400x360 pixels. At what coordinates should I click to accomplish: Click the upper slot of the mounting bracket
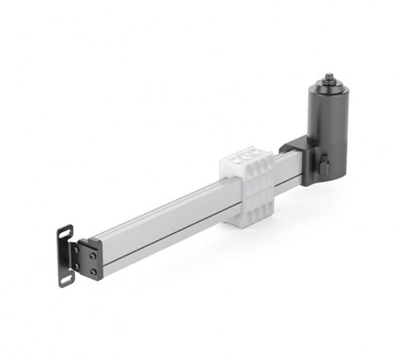click(x=65, y=234)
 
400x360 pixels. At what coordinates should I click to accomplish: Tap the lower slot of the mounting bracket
click(x=67, y=278)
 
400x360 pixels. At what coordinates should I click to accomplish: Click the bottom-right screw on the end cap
click(x=93, y=271)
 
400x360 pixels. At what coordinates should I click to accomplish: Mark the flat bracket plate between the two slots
click(x=65, y=257)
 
